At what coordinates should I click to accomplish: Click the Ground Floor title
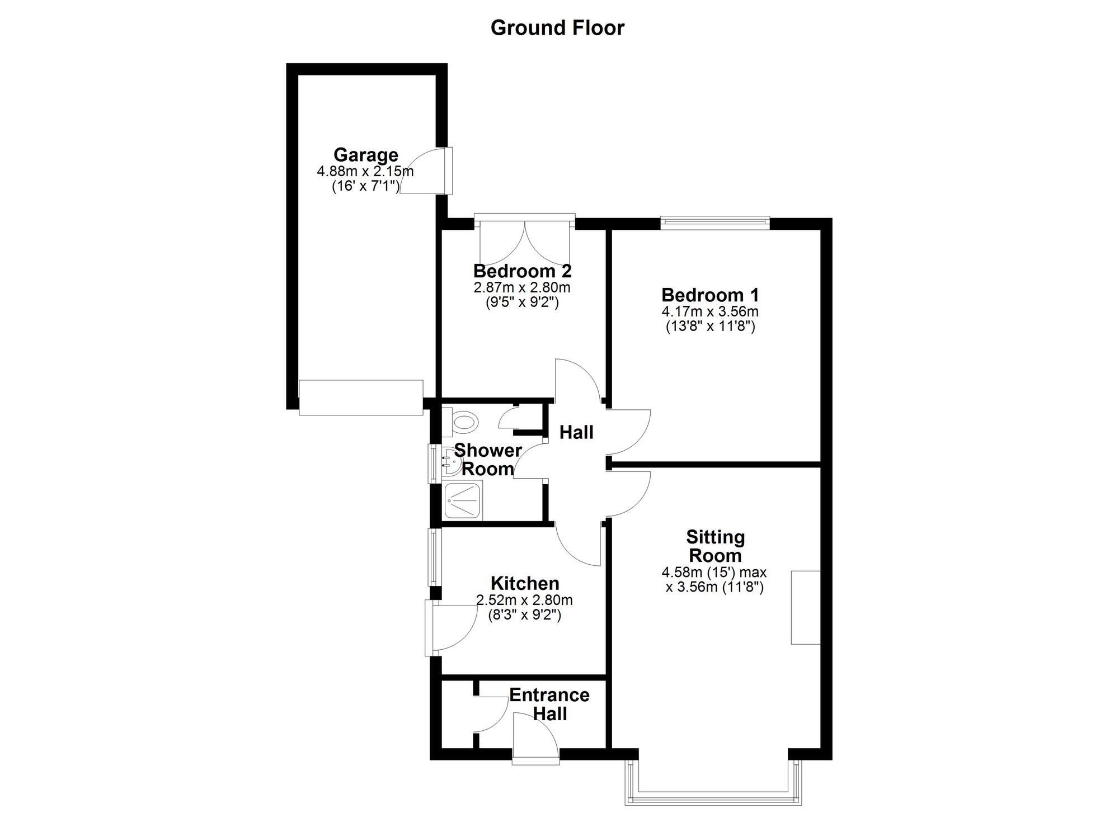(557, 27)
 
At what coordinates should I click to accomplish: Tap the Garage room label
(366, 154)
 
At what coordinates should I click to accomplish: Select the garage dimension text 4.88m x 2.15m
(365, 171)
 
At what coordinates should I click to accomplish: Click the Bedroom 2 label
(522, 271)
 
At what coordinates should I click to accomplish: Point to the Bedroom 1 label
(710, 295)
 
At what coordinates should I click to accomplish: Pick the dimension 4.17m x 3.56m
(710, 311)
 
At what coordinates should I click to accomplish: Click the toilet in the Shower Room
(462, 420)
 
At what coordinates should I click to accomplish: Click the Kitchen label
(525, 583)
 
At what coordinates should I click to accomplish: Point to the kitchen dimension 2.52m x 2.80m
(524, 601)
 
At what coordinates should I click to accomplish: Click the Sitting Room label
(715, 546)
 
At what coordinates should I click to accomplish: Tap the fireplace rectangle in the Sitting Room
(805, 607)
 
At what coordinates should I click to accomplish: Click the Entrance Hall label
(549, 704)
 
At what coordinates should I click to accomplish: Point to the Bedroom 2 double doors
(525, 243)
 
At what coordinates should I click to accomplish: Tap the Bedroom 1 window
(714, 223)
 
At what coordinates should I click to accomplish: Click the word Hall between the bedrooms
(576, 432)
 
